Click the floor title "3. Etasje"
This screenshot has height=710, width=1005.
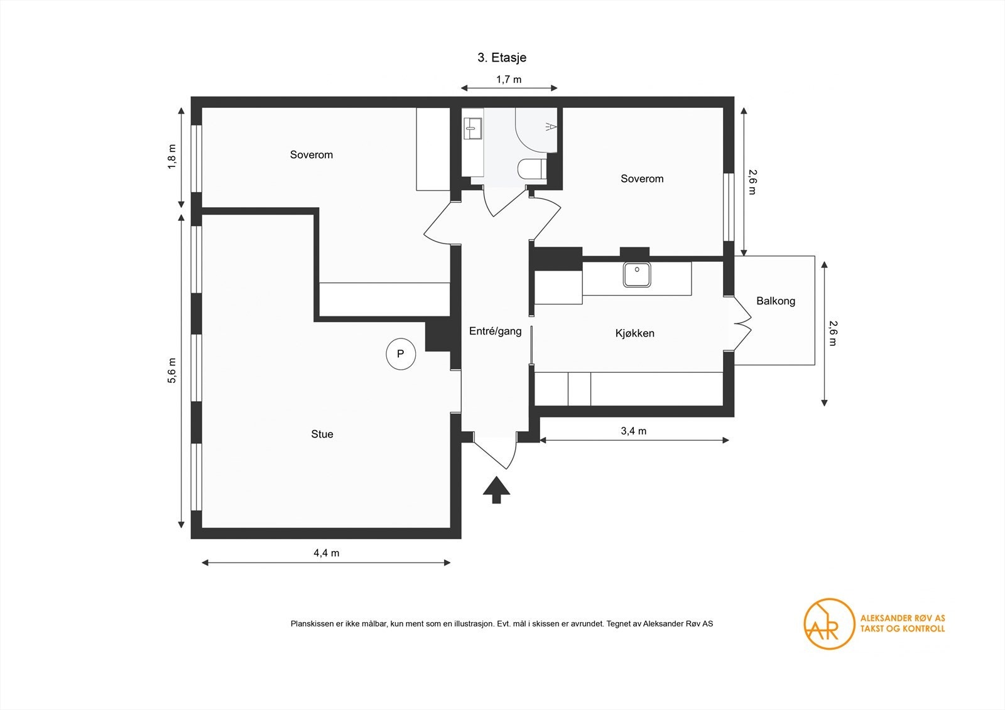[x=502, y=57]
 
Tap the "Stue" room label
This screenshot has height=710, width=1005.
[x=322, y=434]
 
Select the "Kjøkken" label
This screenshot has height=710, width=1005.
[x=634, y=333]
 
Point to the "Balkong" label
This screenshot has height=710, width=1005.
[x=776, y=301]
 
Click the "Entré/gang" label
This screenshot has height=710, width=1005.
[x=496, y=331]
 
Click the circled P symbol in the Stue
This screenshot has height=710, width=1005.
[x=401, y=354]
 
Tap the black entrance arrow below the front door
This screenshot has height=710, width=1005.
[x=496, y=490]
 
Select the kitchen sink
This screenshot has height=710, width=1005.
[x=637, y=274]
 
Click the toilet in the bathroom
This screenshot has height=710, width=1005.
[x=533, y=169]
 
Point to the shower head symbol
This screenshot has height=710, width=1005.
[x=551, y=127]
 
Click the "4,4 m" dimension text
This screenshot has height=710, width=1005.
[x=326, y=553]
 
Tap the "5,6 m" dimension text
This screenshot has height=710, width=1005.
[x=172, y=370]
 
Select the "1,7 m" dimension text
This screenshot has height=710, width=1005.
[x=509, y=79]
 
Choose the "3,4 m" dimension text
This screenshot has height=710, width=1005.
[x=634, y=431]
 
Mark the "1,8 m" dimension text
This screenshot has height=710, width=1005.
[x=172, y=156]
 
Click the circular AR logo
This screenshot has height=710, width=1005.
[x=829, y=623]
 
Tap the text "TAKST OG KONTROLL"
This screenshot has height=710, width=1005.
[x=902, y=629]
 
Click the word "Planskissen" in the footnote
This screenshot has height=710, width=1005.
[x=312, y=623]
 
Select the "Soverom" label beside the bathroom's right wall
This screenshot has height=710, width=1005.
[x=642, y=178]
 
